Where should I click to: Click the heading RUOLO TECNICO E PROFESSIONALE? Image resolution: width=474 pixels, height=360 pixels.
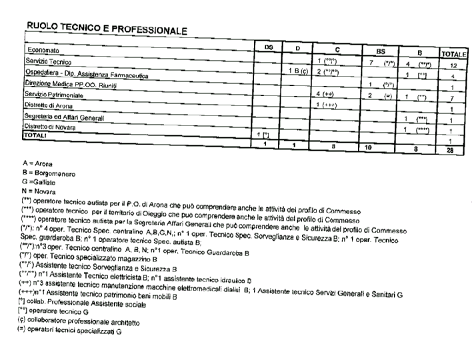click(x=106, y=28)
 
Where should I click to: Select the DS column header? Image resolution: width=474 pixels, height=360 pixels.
click(x=268, y=47)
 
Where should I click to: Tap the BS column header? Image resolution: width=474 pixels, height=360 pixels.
click(x=381, y=50)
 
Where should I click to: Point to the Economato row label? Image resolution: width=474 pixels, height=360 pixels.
click(x=44, y=50)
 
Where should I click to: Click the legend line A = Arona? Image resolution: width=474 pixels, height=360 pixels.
click(x=38, y=163)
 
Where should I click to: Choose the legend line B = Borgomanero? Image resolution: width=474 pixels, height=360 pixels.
click(x=49, y=173)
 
